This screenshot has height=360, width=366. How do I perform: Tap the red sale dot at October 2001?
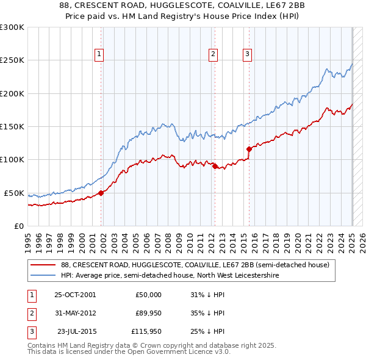tap(101, 193)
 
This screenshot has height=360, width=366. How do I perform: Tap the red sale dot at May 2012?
tap(215, 166)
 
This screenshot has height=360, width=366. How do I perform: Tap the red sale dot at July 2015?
tap(249, 149)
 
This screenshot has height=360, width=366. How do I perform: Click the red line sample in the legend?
tap(43, 265)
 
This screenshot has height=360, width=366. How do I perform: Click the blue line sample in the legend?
tap(43, 275)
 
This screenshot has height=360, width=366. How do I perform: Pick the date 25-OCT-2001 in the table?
tap(75, 295)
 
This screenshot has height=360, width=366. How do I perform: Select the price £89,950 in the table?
tap(148, 314)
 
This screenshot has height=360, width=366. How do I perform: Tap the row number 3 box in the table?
tap(30, 333)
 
